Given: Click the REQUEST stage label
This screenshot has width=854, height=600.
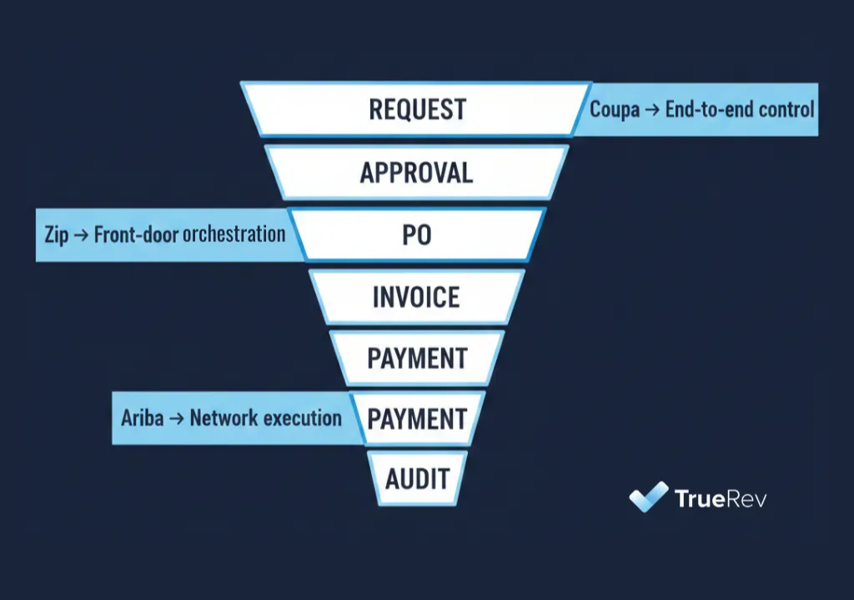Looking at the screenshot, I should [x=417, y=109].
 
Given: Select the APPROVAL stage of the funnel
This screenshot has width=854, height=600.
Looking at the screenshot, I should [x=416, y=173].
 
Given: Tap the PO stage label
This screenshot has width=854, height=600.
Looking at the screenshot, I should [x=417, y=234].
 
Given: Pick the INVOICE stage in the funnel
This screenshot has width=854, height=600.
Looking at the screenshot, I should [x=416, y=297].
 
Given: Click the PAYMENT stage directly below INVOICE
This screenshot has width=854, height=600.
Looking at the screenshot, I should [x=417, y=358].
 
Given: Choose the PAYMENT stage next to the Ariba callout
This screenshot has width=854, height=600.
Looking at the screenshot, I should [x=417, y=418].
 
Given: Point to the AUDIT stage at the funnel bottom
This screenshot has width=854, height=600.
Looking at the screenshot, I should [x=417, y=479].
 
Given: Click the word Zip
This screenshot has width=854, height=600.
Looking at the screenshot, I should [x=56, y=234].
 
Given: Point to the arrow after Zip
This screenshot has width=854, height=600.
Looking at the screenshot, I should [x=81, y=234].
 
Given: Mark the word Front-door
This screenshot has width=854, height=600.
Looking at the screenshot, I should [x=131, y=234].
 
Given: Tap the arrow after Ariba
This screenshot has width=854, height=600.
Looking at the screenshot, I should [x=176, y=418].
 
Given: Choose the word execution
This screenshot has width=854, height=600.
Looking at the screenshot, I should [x=303, y=418].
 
